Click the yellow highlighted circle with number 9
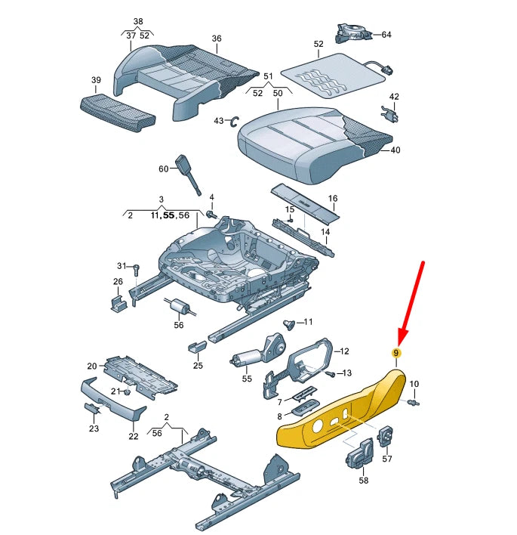point(395,353)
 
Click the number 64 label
point(386,35)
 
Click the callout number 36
point(217,39)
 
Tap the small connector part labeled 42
point(391,115)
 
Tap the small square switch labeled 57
point(386,436)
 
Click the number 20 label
point(92,366)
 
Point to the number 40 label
point(395,150)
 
